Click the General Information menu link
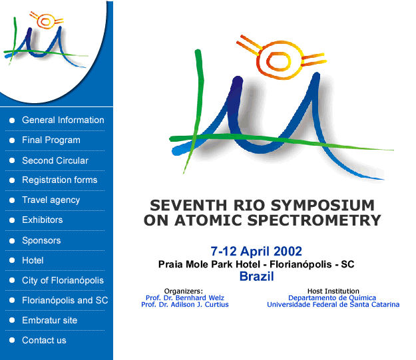(x=63, y=120)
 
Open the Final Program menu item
(x=51, y=140)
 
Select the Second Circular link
(x=55, y=160)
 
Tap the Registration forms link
(x=60, y=180)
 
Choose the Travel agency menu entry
(x=51, y=200)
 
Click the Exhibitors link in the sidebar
(x=43, y=220)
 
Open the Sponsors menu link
(x=41, y=241)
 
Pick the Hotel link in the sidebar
(x=33, y=260)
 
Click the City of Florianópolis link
(x=63, y=280)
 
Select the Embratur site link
(x=50, y=320)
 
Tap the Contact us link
(x=44, y=340)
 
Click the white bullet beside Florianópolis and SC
(x=12, y=300)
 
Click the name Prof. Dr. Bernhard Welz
(x=185, y=298)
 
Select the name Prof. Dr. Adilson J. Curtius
(x=185, y=305)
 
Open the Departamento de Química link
(x=332, y=298)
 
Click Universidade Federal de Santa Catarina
(x=333, y=305)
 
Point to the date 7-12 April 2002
(x=256, y=252)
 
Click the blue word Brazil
(x=256, y=276)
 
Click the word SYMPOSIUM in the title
(x=323, y=206)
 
